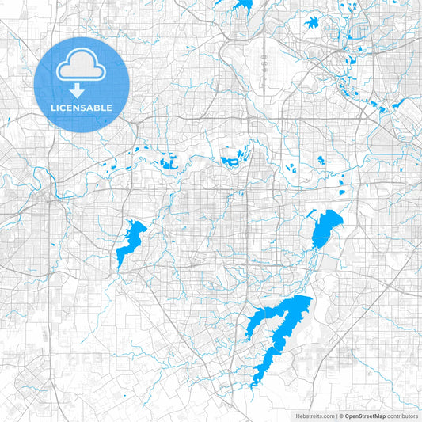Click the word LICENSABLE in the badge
pos(82,108)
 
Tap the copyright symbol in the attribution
pos(341,416)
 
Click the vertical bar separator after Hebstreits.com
pos(336,416)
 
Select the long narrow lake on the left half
pos(130,243)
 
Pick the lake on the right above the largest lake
pos(325,228)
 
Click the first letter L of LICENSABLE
pos(54,108)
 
